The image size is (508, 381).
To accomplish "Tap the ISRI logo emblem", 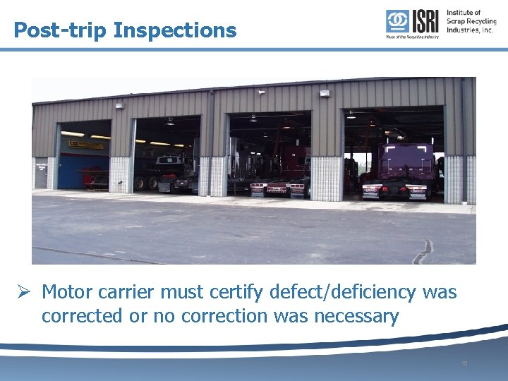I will point(398,21).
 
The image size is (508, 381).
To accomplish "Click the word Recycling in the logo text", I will point(479,21).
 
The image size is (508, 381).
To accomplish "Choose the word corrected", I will point(80,316).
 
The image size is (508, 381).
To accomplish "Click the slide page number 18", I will point(464,364).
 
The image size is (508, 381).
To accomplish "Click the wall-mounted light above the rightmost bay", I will point(325,94).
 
